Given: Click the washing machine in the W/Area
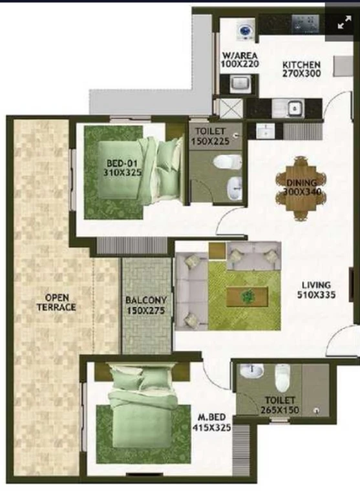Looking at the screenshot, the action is coord(244,31).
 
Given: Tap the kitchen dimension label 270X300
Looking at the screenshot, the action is coord(301,74).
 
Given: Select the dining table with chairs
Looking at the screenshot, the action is coord(301,188).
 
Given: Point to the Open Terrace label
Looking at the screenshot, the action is coord(56,302).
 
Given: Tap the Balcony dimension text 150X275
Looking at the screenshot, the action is coord(146,310).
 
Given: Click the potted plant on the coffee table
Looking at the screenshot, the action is coord(248,296).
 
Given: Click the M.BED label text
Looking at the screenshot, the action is coord(209,418).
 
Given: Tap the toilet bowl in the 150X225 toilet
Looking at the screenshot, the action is coord(228,163).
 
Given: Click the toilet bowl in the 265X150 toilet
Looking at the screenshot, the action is coord(282,378).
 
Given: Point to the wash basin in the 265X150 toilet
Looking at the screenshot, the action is coord(251,371).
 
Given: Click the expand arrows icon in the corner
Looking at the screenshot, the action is coord(344,22).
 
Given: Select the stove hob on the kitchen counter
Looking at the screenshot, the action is coord(305,23).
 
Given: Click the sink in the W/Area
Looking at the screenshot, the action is coord(240,84).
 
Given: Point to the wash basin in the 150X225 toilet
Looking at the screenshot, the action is coord(235,188).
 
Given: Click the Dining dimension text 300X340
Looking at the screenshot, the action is coord(302,191).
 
